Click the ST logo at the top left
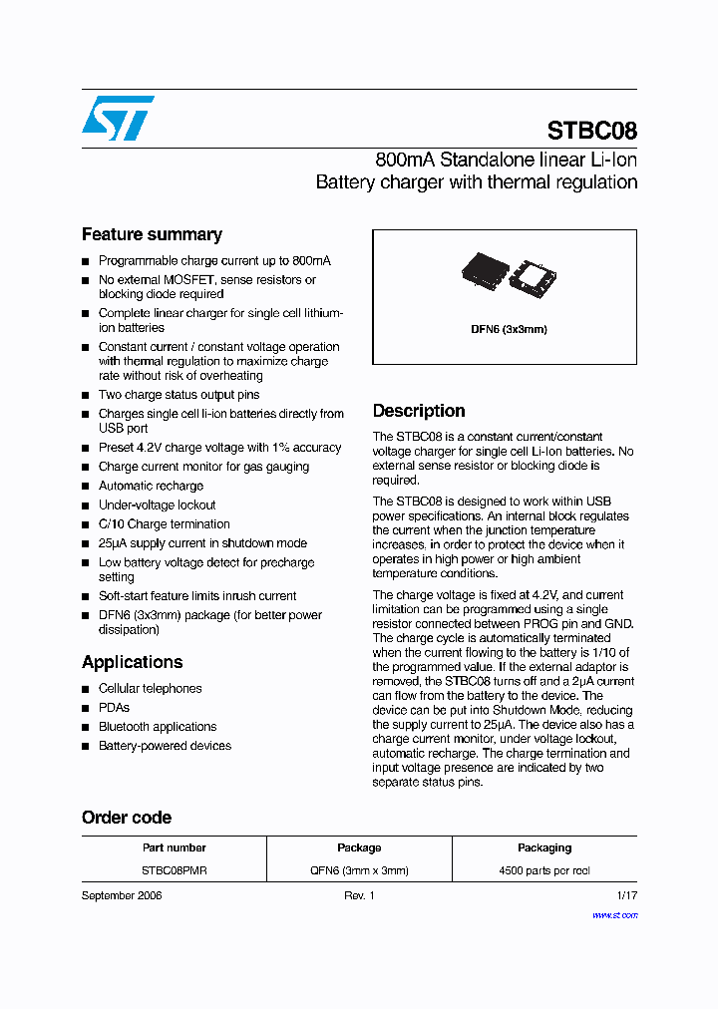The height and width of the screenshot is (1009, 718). pyautogui.click(x=118, y=118)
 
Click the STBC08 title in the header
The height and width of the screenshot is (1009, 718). pyautogui.click(x=591, y=131)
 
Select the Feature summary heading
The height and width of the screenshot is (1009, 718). pyautogui.click(x=152, y=234)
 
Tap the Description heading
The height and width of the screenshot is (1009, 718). pyautogui.click(x=418, y=411)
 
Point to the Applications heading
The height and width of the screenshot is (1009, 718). pyautogui.click(x=132, y=662)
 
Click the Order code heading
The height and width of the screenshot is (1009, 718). pyautogui.click(x=126, y=818)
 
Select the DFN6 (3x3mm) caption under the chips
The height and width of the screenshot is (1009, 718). pyautogui.click(x=509, y=329)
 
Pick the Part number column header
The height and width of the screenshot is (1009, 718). pyautogui.click(x=174, y=847)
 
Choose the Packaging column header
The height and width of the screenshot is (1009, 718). pyautogui.click(x=544, y=847)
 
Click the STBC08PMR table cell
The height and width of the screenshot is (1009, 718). pyautogui.click(x=174, y=870)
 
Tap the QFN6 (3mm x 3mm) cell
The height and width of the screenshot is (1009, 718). pyautogui.click(x=359, y=870)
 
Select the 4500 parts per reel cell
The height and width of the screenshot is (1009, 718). pyautogui.click(x=544, y=870)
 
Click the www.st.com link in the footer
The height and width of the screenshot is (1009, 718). pyautogui.click(x=614, y=914)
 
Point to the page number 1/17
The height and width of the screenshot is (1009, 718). pyautogui.click(x=626, y=896)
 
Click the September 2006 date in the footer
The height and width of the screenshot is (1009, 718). pyautogui.click(x=122, y=896)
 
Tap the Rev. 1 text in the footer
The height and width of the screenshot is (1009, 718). pyautogui.click(x=359, y=896)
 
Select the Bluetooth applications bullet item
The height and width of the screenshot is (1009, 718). pyautogui.click(x=157, y=727)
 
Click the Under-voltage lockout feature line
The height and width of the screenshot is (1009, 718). pyautogui.click(x=157, y=504)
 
